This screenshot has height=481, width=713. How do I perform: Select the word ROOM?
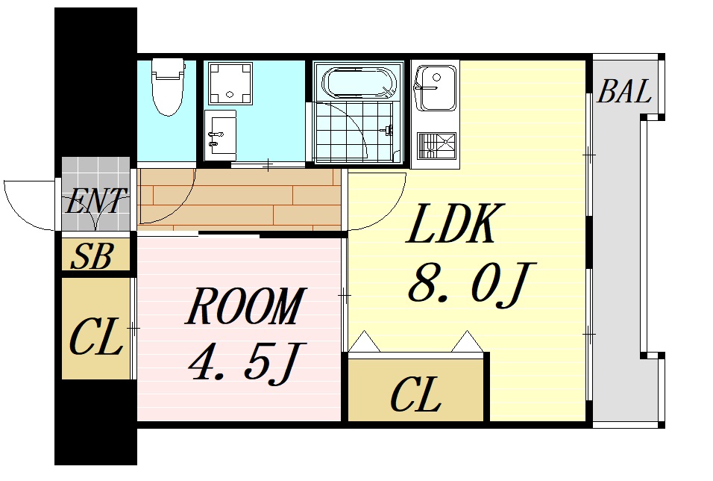coord(245,307)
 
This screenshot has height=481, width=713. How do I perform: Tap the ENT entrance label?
coord(96,202)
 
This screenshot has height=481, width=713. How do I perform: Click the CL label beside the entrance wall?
coord(95,338)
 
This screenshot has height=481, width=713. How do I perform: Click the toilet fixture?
coord(167,87)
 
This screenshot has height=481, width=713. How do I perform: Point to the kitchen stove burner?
coord(436,145)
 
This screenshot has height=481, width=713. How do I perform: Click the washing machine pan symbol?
coord(230,83)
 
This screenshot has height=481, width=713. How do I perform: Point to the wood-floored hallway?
coord(239,198)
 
